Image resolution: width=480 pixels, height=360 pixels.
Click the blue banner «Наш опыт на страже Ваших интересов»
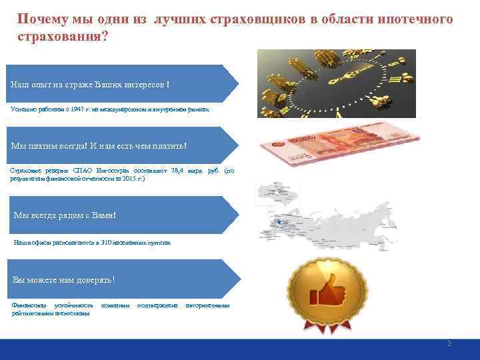pos(120,84)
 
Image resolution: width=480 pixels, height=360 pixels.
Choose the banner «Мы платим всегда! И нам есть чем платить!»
pos(120,145)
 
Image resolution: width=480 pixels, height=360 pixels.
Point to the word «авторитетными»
pos(207,305)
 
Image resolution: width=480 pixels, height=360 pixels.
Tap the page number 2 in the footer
pos(449,343)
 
